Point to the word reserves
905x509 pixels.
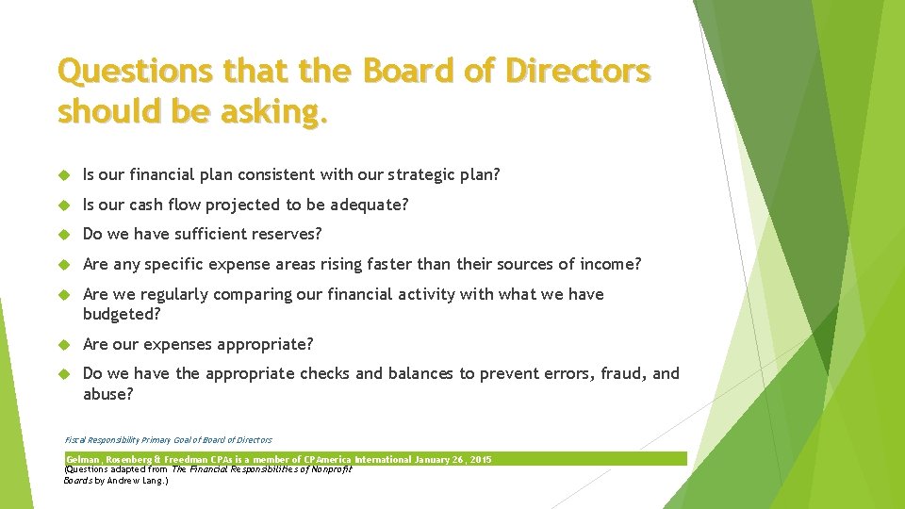click(281, 234)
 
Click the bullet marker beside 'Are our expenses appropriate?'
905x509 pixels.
click(65, 344)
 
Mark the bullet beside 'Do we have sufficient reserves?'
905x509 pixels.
click(65, 234)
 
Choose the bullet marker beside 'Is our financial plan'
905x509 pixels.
click(65, 174)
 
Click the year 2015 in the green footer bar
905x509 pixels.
click(479, 460)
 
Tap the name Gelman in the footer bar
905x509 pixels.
click(82, 460)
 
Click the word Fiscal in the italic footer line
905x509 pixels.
click(74, 439)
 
